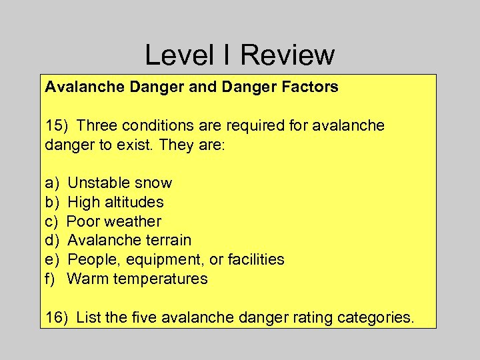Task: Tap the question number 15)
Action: click(57, 125)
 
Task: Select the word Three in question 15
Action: click(97, 125)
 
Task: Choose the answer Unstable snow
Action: click(120, 183)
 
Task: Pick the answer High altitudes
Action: click(116, 202)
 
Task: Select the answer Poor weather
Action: click(115, 221)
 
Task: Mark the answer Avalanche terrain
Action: click(129, 240)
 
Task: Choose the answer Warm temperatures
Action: click(137, 279)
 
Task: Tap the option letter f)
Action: click(51, 279)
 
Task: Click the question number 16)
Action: click(57, 317)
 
